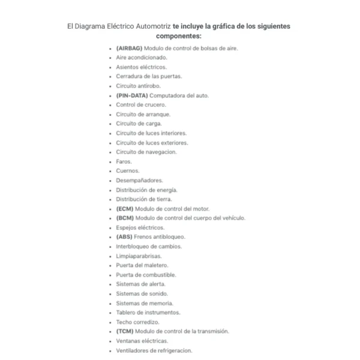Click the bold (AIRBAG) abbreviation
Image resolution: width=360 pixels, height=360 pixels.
(x=130, y=48)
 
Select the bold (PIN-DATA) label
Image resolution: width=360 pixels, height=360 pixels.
(x=132, y=95)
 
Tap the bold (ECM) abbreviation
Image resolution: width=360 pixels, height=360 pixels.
(x=125, y=209)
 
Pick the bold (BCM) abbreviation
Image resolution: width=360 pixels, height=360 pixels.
(x=125, y=218)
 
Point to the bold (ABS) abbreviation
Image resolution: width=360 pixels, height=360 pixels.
(x=124, y=237)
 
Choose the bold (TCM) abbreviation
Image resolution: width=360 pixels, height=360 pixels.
(x=125, y=331)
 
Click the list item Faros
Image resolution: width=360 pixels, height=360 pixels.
(x=124, y=161)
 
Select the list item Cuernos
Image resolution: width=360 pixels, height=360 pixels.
(x=128, y=171)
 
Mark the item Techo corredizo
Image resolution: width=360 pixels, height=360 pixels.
(x=137, y=322)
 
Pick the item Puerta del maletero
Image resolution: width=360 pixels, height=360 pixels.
(x=142, y=265)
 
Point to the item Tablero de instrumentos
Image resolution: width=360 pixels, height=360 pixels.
(x=148, y=313)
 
